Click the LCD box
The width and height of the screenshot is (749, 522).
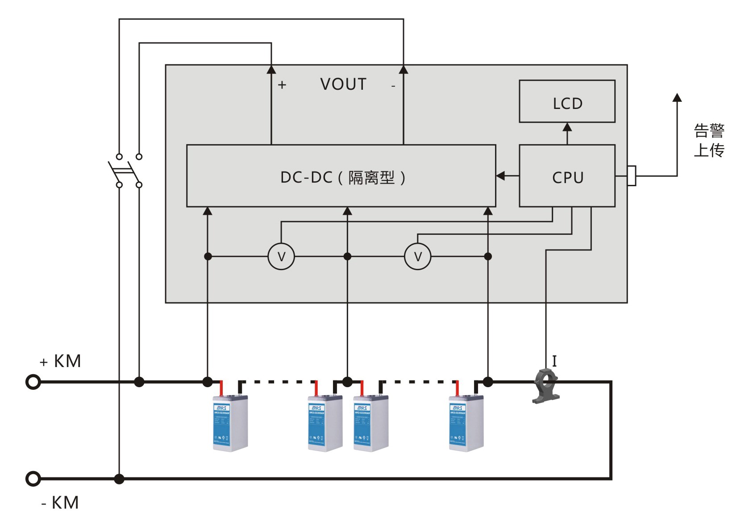[x=567, y=101]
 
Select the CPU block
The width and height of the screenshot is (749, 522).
[x=567, y=176]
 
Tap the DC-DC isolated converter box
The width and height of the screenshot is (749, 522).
[x=341, y=176]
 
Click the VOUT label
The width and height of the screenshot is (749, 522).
[x=343, y=84]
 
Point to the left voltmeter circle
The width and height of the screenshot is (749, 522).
[x=281, y=256]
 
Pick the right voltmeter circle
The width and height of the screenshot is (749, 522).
[x=418, y=256]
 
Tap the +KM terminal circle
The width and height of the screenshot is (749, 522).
[x=33, y=382]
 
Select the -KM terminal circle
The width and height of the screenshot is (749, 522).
[x=33, y=479]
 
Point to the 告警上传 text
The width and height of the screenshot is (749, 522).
[x=709, y=140]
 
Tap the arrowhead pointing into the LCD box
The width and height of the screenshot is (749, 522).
[x=567, y=127]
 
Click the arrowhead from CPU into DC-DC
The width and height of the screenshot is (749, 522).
[x=501, y=176]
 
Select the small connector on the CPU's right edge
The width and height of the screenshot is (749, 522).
[x=632, y=176]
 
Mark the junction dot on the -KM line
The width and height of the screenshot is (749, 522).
[x=119, y=479]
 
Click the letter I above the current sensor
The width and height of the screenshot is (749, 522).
[x=554, y=361]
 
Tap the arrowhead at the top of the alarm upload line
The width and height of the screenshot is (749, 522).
[x=677, y=97]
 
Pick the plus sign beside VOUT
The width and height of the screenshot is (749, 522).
[x=282, y=85]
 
